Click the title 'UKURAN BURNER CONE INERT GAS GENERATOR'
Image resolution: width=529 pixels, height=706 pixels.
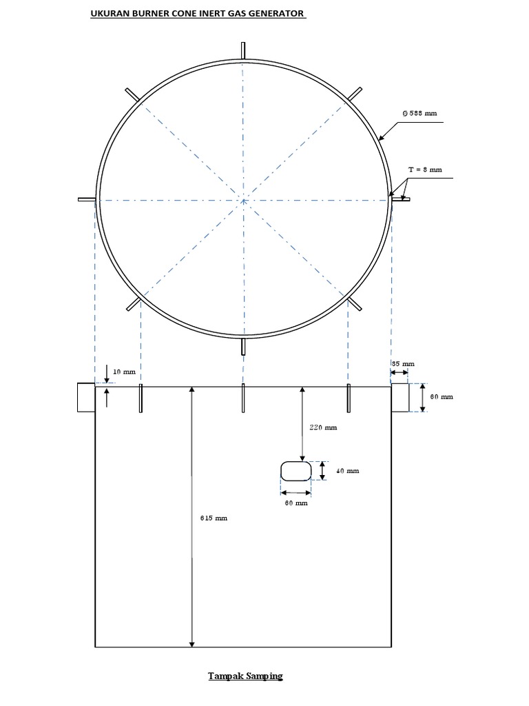click(198, 13)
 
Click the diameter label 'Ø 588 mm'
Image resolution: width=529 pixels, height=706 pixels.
click(420, 114)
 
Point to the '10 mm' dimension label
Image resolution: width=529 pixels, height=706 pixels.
click(125, 371)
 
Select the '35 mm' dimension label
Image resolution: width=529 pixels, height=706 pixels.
click(404, 363)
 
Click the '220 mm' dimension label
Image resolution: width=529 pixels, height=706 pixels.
click(323, 427)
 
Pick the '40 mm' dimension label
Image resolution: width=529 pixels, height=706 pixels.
click(348, 471)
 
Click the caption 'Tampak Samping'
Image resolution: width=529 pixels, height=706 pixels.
click(246, 676)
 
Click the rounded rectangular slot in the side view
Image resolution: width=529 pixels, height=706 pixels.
click(295, 471)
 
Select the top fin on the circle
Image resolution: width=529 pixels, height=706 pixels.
click(243, 50)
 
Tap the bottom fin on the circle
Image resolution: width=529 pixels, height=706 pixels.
click(243, 345)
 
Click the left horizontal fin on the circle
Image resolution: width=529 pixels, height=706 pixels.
click(86, 200)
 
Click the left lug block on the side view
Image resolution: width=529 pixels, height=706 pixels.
click(86, 397)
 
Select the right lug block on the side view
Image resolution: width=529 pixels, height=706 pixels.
click(400, 397)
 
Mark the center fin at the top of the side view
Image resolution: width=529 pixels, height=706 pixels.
click(243, 399)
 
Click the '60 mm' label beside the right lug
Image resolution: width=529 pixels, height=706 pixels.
click(442, 397)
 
